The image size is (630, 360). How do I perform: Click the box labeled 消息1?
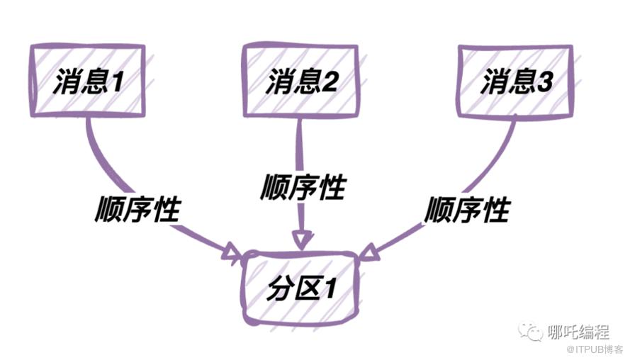(88, 81)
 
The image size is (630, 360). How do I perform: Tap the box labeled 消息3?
(514, 80)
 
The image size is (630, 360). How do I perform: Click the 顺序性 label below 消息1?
(139, 210)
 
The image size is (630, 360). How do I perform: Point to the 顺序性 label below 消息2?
(303, 188)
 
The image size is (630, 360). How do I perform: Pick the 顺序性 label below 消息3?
(468, 210)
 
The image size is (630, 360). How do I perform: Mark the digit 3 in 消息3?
(543, 83)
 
